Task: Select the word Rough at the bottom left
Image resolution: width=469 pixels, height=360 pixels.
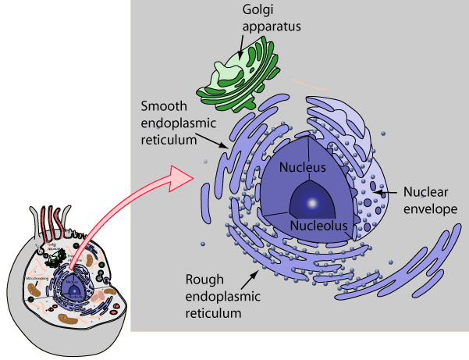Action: point(204,279)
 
